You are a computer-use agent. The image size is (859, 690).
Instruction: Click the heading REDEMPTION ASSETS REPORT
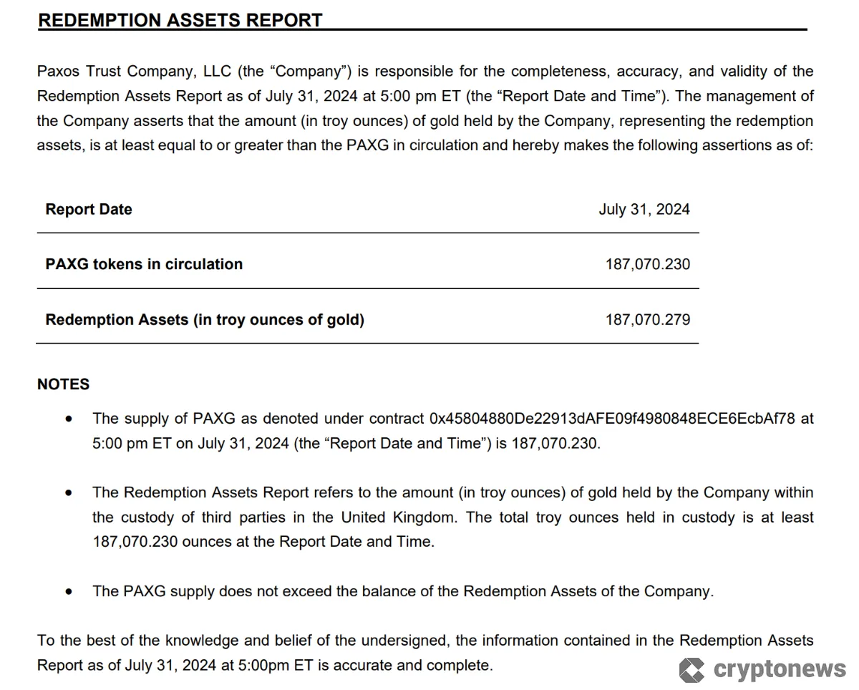180,20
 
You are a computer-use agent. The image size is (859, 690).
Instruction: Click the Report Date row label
89,210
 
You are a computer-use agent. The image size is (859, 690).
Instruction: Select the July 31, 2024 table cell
644,210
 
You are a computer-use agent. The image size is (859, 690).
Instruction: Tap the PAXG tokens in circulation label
144,264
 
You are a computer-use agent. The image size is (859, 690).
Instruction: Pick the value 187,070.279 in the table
648,320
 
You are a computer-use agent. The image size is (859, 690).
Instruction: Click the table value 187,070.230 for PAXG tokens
648,264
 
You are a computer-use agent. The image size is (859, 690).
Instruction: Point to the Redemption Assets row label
205,320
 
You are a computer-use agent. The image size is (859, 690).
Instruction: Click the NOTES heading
64,384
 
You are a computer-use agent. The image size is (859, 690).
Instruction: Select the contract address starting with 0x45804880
612,419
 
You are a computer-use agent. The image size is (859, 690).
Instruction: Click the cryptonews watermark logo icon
691,670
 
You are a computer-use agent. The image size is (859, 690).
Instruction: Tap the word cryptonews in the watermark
780,669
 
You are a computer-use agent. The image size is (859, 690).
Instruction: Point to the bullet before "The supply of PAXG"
69,419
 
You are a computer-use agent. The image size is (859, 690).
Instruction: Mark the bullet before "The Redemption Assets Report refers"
69,493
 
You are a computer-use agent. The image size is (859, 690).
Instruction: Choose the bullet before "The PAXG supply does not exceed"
69,592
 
